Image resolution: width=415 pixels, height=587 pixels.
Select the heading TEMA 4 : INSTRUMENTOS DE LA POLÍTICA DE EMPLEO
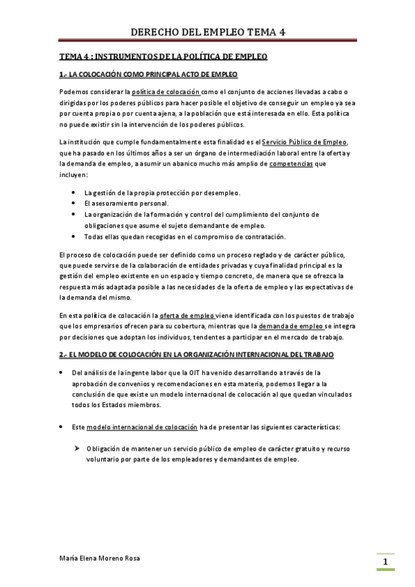[x=163, y=56]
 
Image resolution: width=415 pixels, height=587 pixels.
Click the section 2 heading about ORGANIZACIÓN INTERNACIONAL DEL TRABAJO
[x=197, y=354]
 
